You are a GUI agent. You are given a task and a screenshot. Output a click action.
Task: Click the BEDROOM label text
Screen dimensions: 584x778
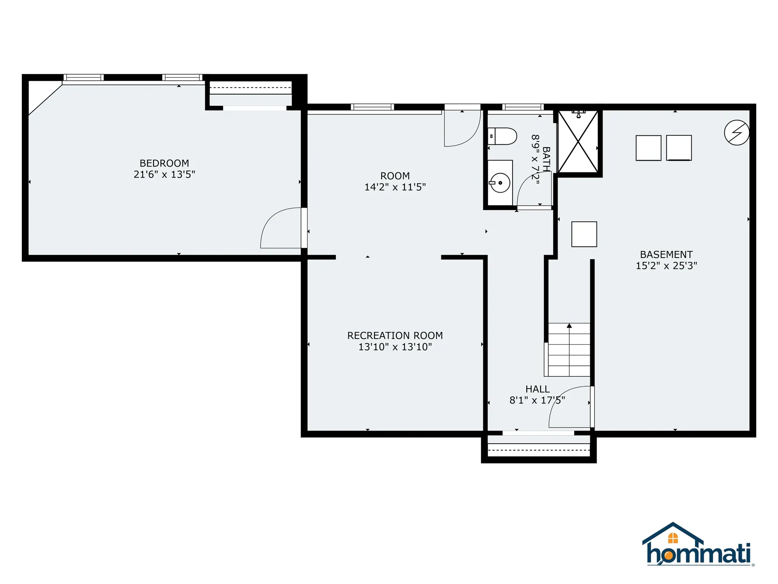click(164, 163)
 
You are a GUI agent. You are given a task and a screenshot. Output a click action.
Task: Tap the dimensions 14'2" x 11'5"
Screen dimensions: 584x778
click(395, 187)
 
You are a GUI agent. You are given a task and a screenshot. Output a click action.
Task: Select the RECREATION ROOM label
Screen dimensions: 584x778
click(395, 335)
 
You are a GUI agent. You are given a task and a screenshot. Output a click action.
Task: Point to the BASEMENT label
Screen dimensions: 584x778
click(666, 254)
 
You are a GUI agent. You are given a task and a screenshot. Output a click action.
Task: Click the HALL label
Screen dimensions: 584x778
click(537, 389)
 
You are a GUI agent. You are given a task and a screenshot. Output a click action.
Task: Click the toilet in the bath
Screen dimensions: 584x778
click(502, 136)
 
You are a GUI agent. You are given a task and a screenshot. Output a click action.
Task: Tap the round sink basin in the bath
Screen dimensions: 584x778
click(500, 183)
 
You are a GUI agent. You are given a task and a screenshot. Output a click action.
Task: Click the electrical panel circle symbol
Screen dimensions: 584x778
click(736, 133)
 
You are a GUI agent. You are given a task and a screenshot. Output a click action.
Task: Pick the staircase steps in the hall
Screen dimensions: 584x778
click(569, 350)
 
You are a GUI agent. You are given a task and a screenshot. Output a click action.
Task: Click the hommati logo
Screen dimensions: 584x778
click(698, 545)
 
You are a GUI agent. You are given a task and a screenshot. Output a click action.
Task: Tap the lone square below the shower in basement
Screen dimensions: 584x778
click(584, 234)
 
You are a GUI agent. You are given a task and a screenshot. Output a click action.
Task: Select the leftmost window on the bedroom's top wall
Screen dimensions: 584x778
click(83, 77)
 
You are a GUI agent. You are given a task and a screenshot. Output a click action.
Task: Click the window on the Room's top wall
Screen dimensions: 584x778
click(372, 107)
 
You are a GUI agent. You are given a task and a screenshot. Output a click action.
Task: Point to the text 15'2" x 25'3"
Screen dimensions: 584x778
click(666, 266)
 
